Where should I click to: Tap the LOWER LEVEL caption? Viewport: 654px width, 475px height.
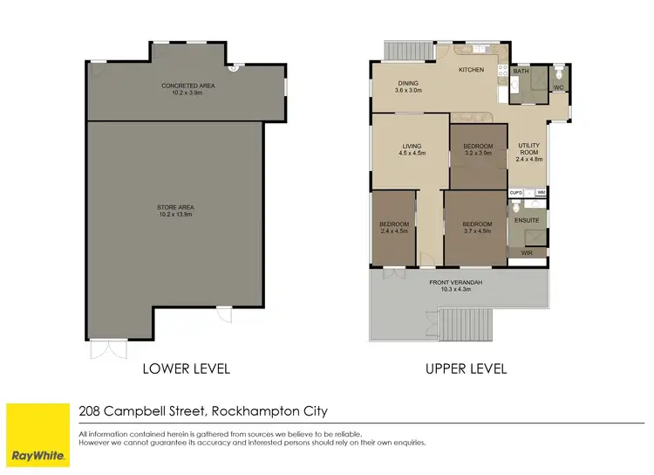click(x=186, y=368)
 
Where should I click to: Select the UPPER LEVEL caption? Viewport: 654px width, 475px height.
click(x=466, y=368)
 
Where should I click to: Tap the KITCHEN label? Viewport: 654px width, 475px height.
click(x=471, y=70)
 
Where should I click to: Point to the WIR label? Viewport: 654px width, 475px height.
click(x=527, y=252)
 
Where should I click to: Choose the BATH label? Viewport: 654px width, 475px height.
click(x=521, y=72)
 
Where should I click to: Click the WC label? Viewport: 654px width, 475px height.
click(x=558, y=87)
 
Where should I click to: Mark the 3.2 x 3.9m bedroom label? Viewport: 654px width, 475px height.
click(x=478, y=149)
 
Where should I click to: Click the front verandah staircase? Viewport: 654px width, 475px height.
click(x=463, y=327)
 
